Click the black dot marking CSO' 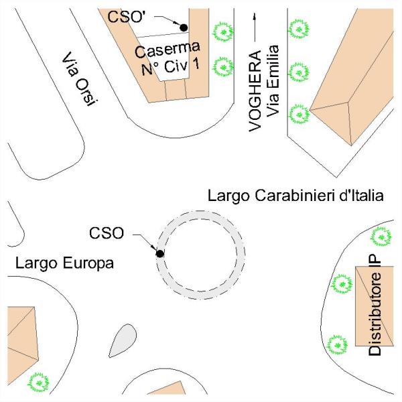[x=184, y=27]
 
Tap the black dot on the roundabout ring [x=160, y=253]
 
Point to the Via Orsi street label [x=80, y=78]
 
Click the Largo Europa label [x=64, y=264]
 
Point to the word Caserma [x=167, y=51]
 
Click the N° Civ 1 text [x=170, y=68]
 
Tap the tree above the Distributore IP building [x=381, y=236]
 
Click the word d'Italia [x=358, y=196]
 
